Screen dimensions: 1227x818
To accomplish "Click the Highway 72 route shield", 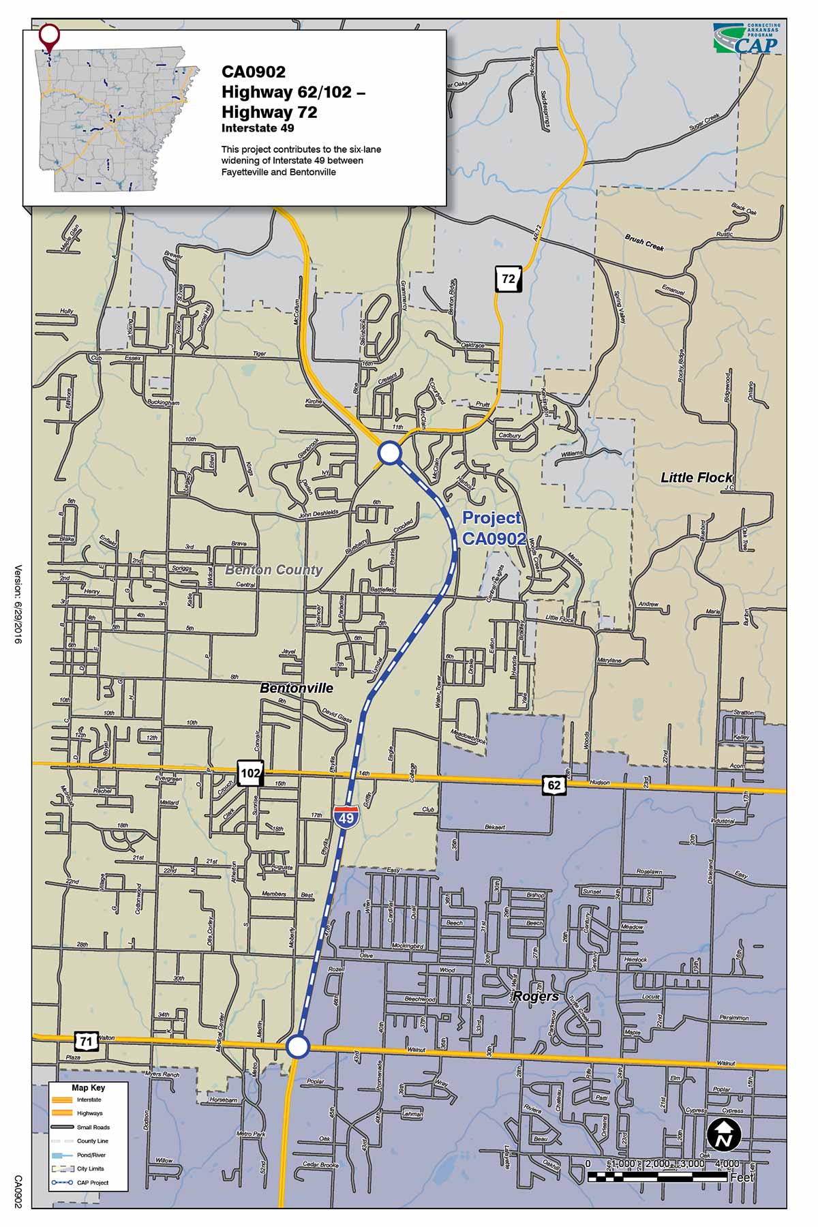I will (509, 279).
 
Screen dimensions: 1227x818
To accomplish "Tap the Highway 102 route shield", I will (250, 773).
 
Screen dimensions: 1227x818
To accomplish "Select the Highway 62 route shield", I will (554, 785).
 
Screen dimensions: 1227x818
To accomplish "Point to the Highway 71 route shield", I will (85, 1041).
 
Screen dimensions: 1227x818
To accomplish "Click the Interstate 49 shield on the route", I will (346, 817).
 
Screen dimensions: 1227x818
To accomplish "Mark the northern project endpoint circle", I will (390, 453).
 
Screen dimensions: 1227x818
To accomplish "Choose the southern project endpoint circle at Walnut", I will (297, 1046).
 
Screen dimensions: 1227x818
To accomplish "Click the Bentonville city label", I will (297, 688).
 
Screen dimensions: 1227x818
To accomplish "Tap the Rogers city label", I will (536, 996).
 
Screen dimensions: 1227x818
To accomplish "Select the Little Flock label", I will (696, 477).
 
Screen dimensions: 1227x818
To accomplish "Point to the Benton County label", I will (273, 570).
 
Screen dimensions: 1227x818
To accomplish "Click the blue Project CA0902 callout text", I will (493, 528).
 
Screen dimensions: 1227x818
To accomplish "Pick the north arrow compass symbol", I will (724, 1134).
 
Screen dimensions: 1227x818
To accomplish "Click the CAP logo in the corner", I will (747, 39).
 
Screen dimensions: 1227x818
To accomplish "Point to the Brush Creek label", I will (644, 242).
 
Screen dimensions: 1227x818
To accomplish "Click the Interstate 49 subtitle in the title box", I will (258, 128).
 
